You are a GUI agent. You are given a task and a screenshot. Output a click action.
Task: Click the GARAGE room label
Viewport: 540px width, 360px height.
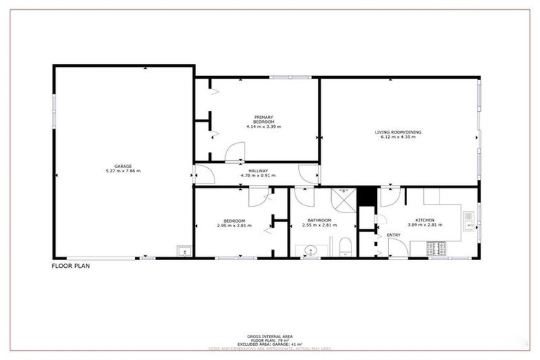coord(123,167)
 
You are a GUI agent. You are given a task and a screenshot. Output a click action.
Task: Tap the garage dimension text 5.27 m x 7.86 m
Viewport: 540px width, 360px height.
coord(123,172)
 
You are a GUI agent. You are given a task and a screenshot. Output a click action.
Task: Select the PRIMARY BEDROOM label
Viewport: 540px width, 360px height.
coord(264,120)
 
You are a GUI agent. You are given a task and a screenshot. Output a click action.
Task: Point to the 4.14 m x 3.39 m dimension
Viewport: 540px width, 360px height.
coord(264,127)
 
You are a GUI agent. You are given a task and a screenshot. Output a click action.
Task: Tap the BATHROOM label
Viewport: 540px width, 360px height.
coord(319,220)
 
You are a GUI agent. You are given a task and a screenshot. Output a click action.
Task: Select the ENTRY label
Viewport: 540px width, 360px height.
coord(394,235)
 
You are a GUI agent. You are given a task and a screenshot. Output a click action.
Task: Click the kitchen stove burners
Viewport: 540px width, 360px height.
coord(438,248)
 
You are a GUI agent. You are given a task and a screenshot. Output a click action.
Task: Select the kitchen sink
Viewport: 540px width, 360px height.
coord(469,224)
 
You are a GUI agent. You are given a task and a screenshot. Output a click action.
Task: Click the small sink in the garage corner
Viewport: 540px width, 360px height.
coord(184,250)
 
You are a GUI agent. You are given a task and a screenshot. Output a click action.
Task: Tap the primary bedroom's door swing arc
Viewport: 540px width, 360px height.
coord(236,151)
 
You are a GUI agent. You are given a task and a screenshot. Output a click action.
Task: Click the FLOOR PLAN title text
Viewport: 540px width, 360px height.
coord(71,266)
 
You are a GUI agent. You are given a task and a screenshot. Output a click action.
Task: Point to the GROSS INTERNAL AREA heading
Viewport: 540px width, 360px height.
coord(269,337)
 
